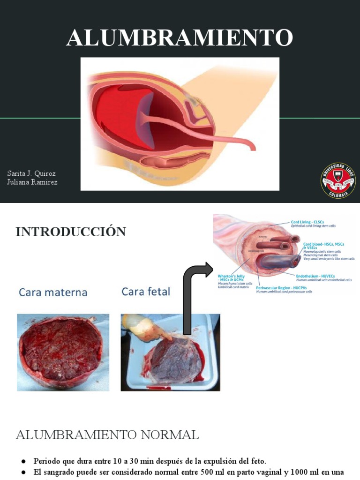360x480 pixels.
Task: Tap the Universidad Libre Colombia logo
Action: tap(337, 180)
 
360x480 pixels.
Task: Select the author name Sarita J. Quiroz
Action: tap(31, 173)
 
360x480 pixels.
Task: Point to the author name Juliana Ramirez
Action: tap(32, 182)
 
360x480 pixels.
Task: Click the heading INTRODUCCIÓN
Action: tap(71, 232)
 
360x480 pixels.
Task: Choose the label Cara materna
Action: tap(53, 292)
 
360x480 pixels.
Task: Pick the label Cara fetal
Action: tap(146, 292)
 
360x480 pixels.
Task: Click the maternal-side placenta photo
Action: tap(63, 352)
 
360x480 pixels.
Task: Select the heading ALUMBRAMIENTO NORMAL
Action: tap(107, 435)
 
